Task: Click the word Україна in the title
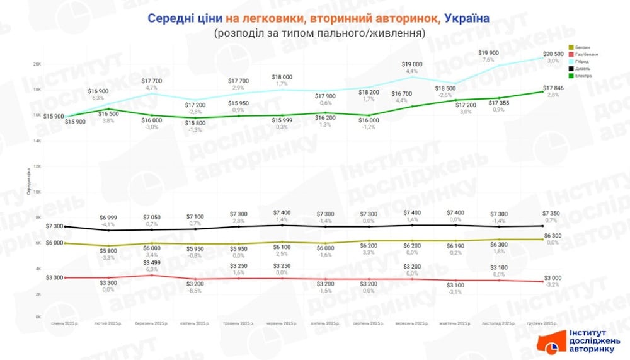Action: [x=466, y=18]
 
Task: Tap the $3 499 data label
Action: [x=151, y=262]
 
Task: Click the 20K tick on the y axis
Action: [x=37, y=64]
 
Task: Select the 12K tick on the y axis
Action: [x=37, y=166]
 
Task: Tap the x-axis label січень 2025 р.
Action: [x=64, y=323]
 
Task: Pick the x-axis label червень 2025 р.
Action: [x=282, y=323]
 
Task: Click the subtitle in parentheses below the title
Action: [x=319, y=32]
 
